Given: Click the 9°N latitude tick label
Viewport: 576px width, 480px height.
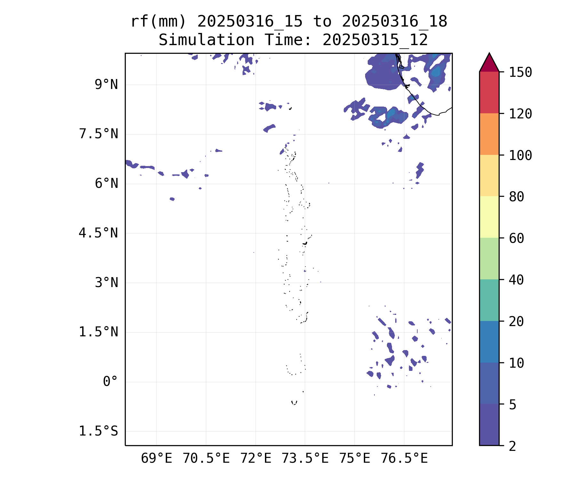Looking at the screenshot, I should pos(106,85).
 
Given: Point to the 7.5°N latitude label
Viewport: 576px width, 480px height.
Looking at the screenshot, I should pos(99,134).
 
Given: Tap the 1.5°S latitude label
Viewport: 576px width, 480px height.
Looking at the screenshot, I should pos(99,431).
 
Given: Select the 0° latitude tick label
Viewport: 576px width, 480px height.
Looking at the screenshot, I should pos(110,382).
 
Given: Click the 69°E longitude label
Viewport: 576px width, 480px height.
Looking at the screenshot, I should pos(156,459).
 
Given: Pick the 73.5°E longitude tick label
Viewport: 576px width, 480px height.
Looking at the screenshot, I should pos(305,459).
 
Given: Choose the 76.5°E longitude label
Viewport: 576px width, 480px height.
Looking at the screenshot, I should pos(404,459).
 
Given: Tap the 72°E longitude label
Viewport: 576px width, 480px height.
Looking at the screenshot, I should pos(256,459).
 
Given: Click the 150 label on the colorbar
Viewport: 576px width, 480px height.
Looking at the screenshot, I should pos(520,72).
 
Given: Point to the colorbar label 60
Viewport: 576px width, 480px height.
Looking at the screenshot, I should pos(516,238).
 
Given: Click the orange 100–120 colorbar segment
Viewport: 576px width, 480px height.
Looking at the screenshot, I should pos(489,134).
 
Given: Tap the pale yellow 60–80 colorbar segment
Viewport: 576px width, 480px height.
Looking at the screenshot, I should pos(489,217).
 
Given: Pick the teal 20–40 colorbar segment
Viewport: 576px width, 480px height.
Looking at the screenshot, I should pos(489,300).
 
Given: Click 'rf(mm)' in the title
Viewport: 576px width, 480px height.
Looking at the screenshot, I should pos(158,22).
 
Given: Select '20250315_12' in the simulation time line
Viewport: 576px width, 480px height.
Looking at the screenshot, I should pos(375,40).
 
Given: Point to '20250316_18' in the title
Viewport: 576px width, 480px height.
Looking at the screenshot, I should pos(394,22).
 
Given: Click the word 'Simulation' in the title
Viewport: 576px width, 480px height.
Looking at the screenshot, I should pos(206,40).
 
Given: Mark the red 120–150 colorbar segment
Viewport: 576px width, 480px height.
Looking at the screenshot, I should pos(489,92).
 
